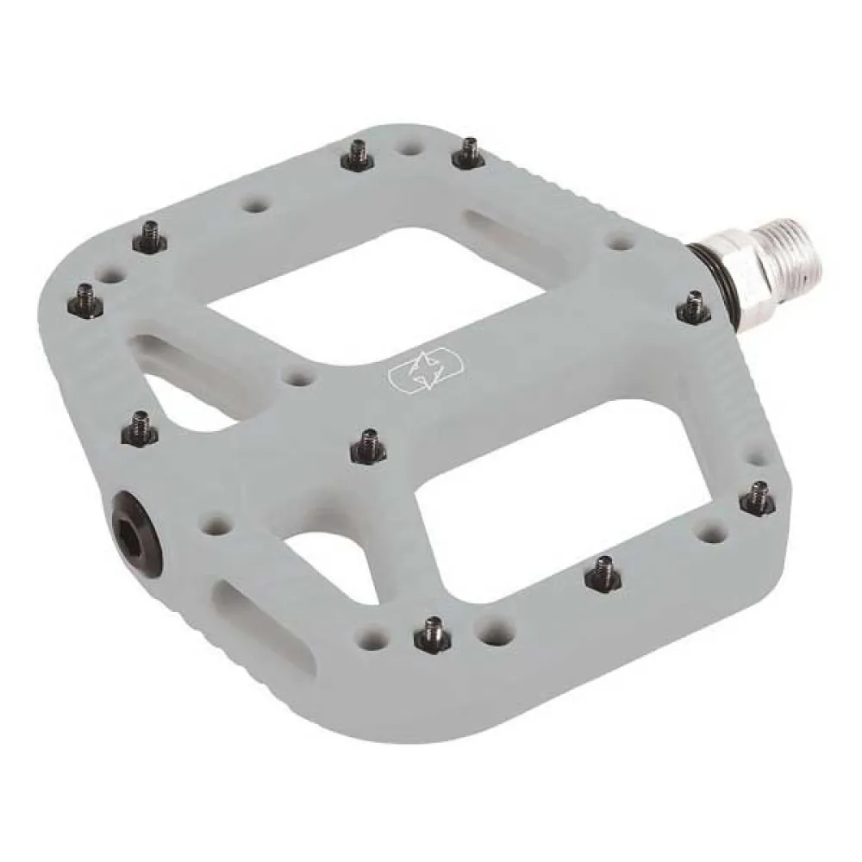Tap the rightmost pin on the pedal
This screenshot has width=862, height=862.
pyautogui.click(x=758, y=497)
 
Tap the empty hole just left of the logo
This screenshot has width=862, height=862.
pyautogui.click(x=299, y=378)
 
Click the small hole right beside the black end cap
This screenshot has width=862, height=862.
pyautogui.click(x=214, y=522)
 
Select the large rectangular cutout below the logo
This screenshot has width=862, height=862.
pyautogui.click(x=569, y=483)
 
